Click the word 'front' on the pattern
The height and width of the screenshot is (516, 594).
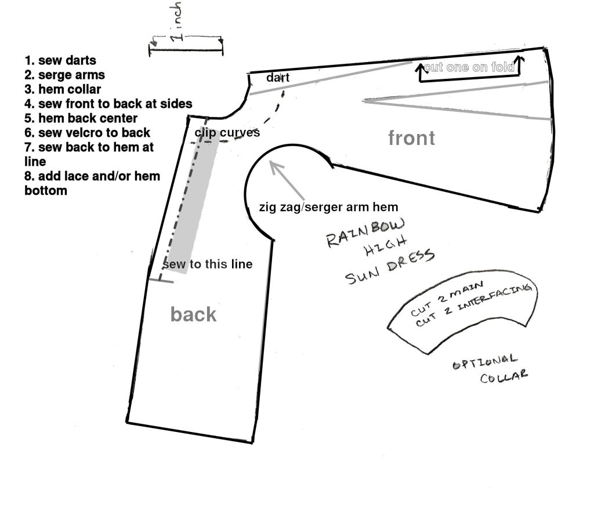click(411, 138)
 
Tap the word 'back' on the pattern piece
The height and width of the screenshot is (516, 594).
click(193, 314)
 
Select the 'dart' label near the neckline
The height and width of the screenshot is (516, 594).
click(278, 78)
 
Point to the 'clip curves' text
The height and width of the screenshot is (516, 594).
click(227, 133)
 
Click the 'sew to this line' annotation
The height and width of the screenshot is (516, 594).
click(208, 264)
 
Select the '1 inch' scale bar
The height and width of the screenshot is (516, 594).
click(186, 51)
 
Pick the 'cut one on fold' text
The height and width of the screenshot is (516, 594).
click(469, 67)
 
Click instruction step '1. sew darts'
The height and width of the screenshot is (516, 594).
click(60, 60)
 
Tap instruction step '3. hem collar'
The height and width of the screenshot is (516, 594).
click(63, 89)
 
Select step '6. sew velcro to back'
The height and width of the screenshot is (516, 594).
click(88, 133)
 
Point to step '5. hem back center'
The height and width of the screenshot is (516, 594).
click(81, 118)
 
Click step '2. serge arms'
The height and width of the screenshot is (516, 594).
click(65, 75)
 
